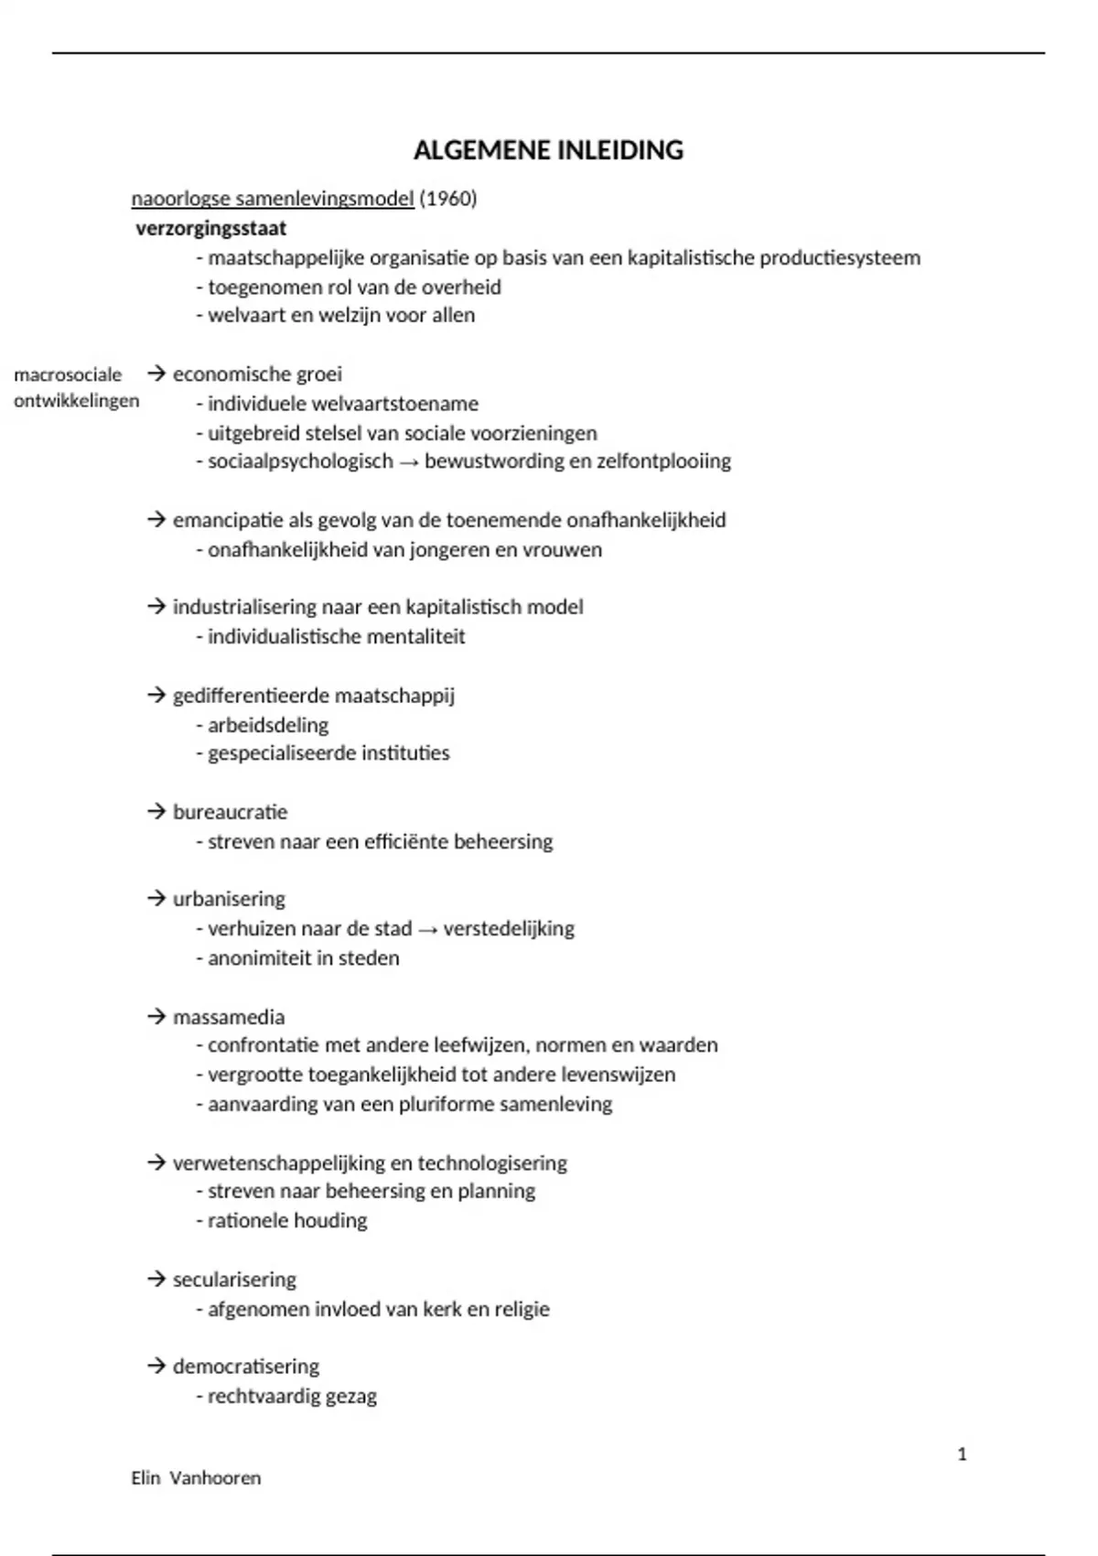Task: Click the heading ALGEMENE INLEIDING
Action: (548, 150)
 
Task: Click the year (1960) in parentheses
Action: (448, 199)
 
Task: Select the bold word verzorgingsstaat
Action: (211, 228)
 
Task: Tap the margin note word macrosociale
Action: (68, 374)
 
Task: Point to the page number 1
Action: (962, 1454)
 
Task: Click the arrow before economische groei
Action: (156, 373)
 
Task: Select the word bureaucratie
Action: (230, 812)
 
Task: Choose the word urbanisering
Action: (229, 899)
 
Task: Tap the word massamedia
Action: (229, 1017)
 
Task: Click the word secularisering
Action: (234, 1280)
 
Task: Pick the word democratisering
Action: (246, 1367)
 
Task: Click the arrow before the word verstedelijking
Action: (427, 929)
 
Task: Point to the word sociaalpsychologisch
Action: (300, 461)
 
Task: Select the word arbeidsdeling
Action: (268, 725)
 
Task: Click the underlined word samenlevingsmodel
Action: (325, 199)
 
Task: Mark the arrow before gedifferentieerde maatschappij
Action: (156, 696)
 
